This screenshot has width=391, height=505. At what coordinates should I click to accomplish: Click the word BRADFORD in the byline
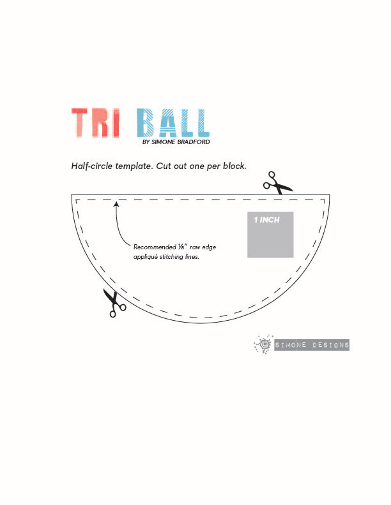pyautogui.click(x=194, y=142)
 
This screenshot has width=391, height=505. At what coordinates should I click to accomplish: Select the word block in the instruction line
pyautogui.click(x=233, y=166)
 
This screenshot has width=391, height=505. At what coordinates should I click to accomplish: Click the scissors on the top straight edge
pyautogui.click(x=277, y=183)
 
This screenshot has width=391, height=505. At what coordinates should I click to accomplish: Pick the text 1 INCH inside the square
pyautogui.click(x=266, y=219)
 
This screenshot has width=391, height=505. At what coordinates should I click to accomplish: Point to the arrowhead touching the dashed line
pyautogui.click(x=116, y=205)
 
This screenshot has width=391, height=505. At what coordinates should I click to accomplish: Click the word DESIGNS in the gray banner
pyautogui.click(x=329, y=345)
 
